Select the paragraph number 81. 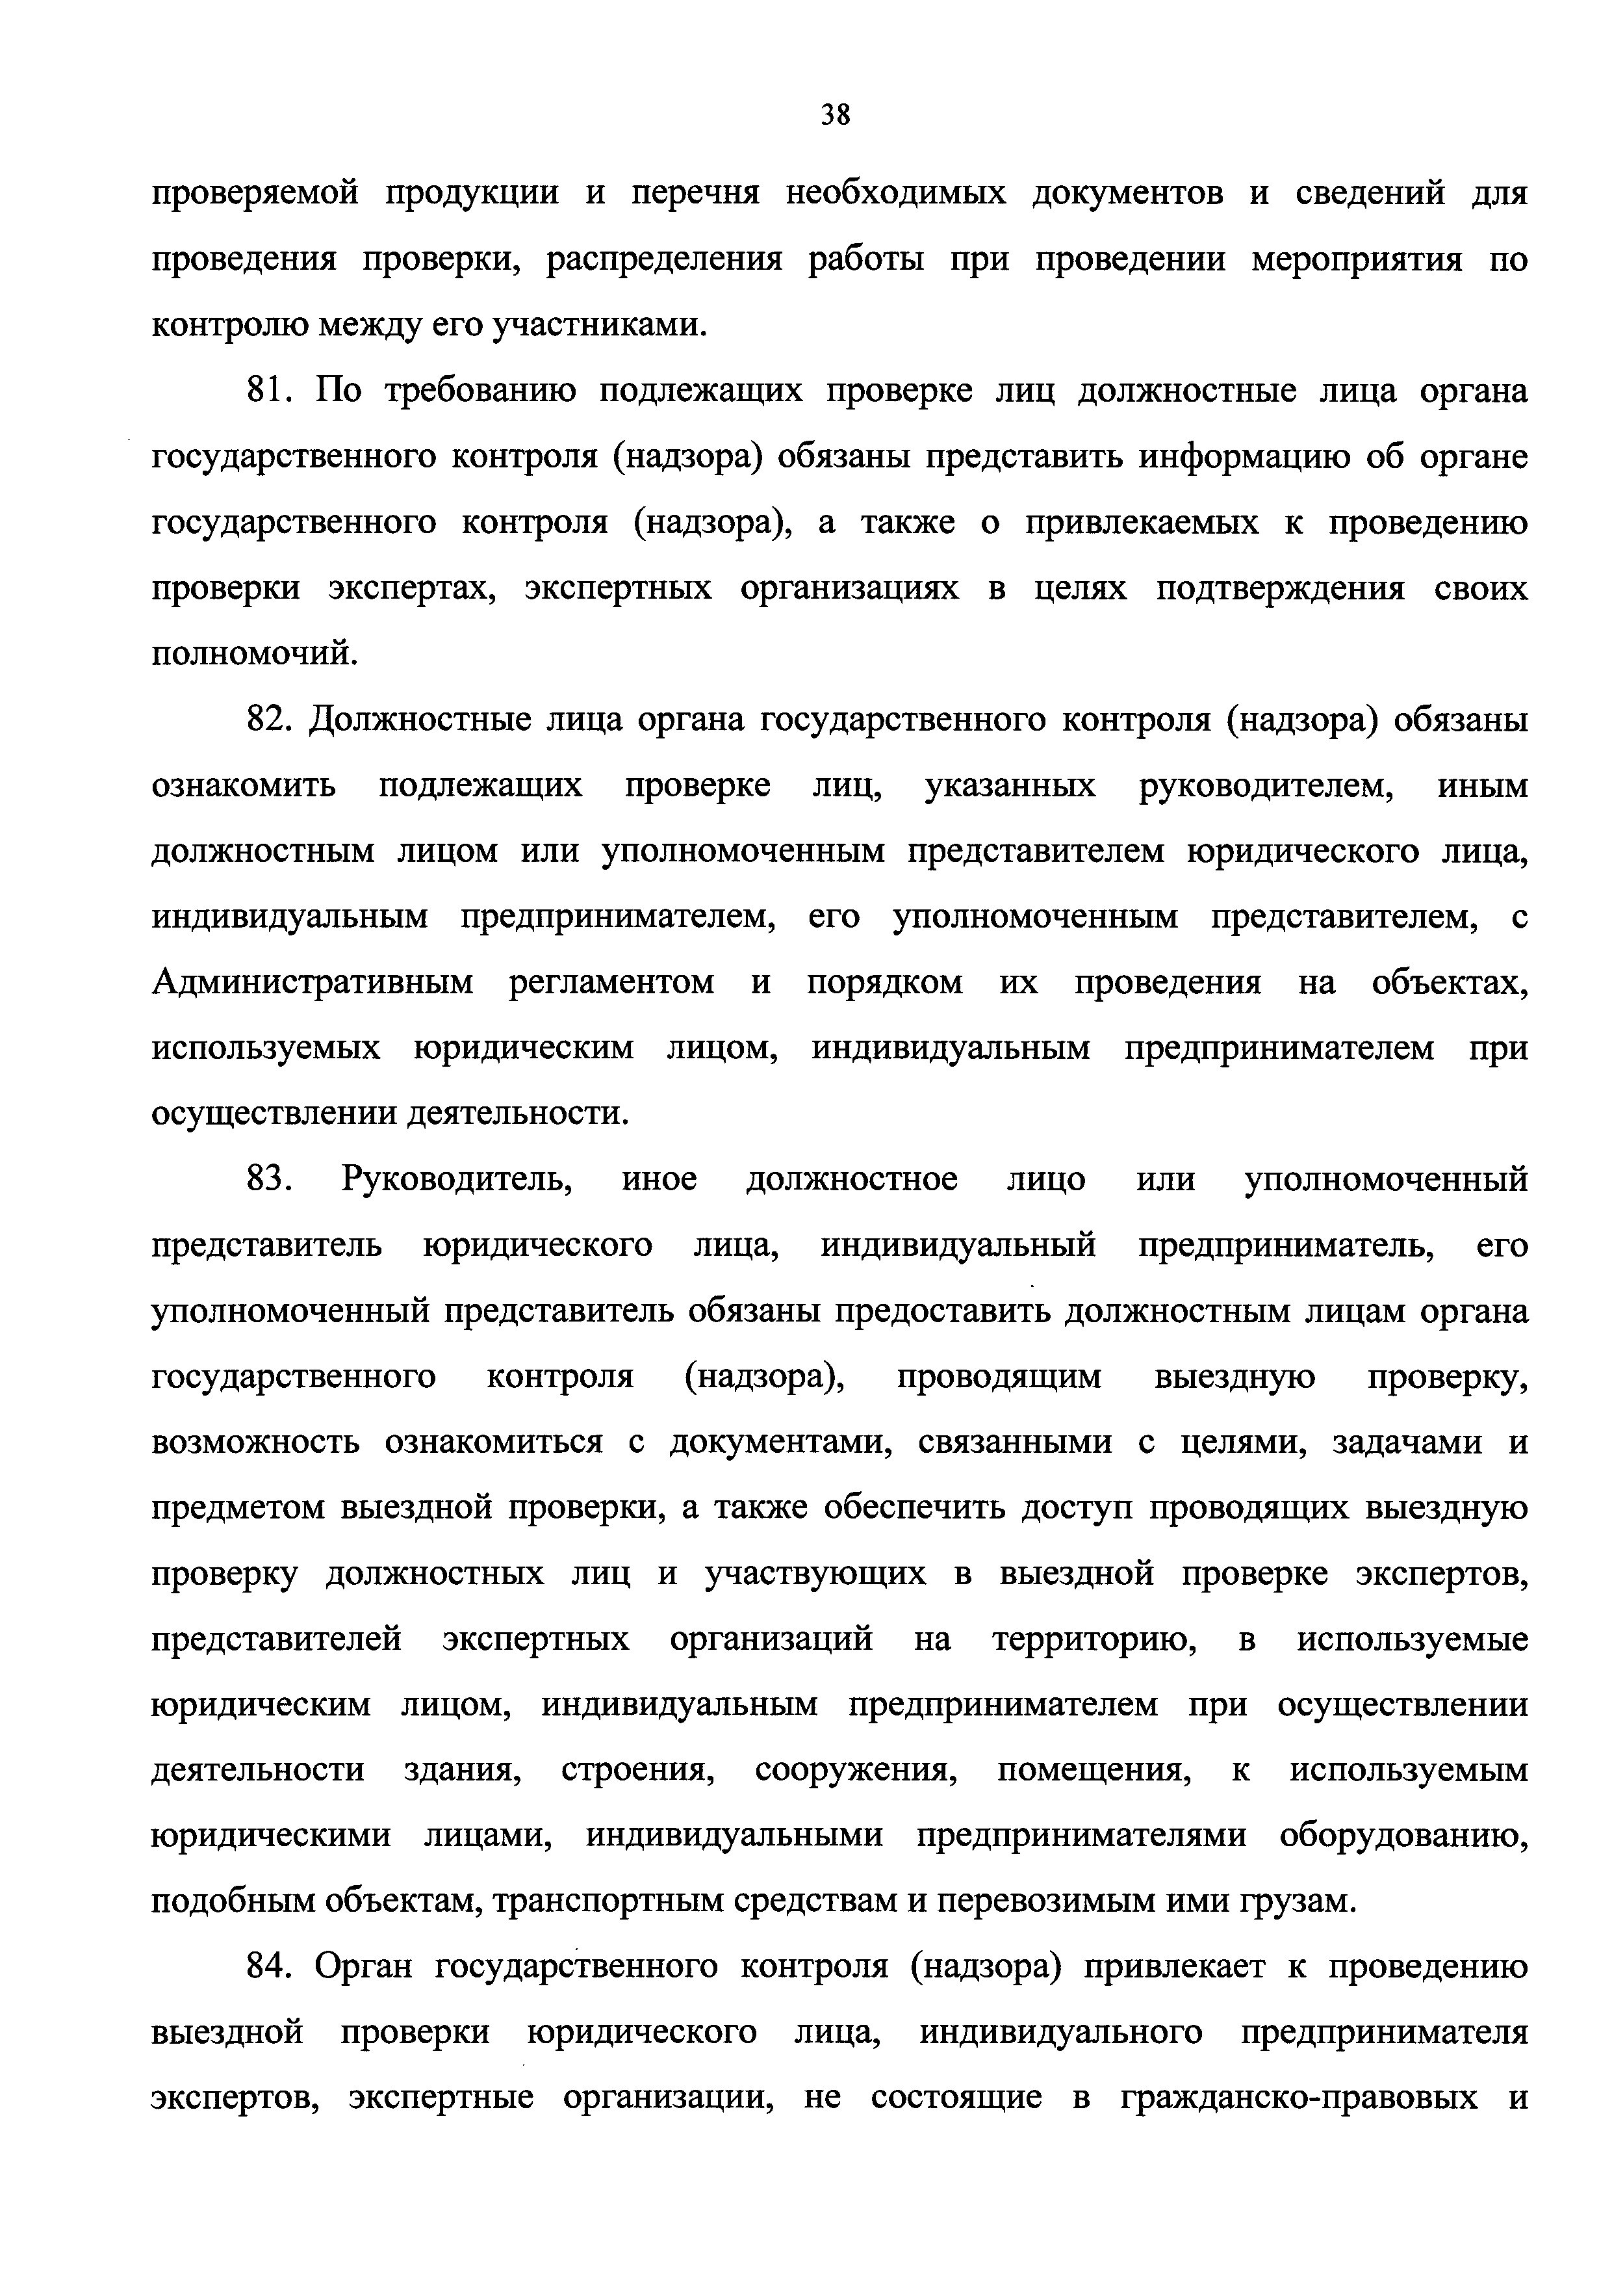[267, 391]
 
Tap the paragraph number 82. [267, 719]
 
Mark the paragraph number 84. [267, 1966]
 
